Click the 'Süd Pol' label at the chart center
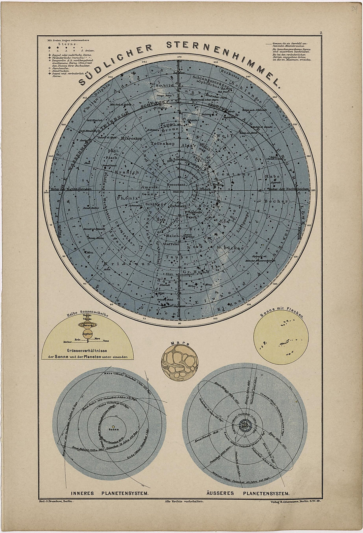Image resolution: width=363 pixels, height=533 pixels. [x=179, y=191]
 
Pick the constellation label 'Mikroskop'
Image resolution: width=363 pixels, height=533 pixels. [x=131, y=139]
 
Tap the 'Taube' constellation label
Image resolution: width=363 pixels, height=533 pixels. [x=173, y=257]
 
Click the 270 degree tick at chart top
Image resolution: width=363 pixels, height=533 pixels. [x=179, y=57]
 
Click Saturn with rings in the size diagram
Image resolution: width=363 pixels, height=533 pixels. [x=87, y=325]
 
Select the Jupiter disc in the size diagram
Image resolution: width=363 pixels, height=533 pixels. [x=87, y=334]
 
